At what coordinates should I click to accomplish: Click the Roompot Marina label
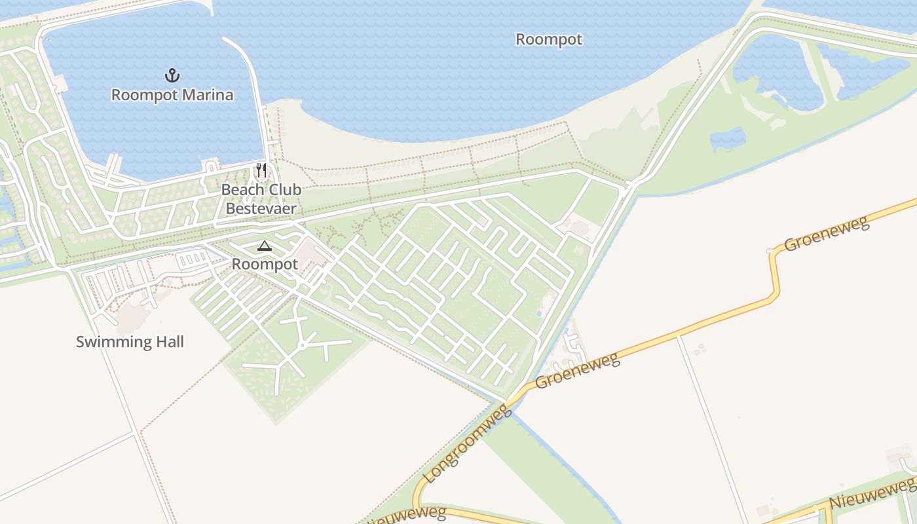click(x=172, y=95)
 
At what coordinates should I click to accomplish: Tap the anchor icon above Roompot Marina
click(x=172, y=75)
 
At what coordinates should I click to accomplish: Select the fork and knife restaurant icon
click(x=261, y=171)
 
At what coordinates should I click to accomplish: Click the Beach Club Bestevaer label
click(x=261, y=199)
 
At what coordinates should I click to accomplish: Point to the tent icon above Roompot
click(x=264, y=246)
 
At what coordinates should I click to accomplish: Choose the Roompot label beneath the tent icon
click(x=265, y=265)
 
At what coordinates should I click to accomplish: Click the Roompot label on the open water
click(x=549, y=39)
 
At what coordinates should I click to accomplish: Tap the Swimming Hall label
click(x=130, y=342)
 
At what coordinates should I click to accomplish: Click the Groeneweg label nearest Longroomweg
click(x=577, y=370)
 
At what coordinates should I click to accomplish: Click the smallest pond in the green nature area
click(x=728, y=138)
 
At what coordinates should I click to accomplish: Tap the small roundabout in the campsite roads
click(x=302, y=345)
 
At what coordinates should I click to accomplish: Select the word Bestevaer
click(x=261, y=209)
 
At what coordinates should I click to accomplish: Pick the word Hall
click(x=169, y=342)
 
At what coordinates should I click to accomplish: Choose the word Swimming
click(x=113, y=342)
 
